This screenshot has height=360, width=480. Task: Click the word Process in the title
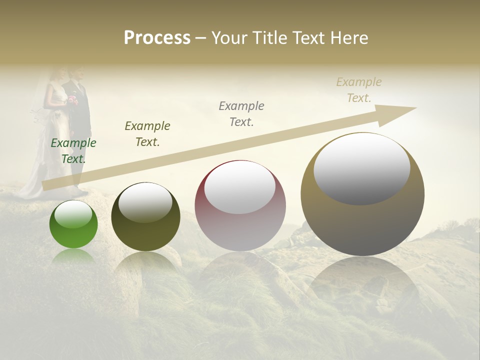(157, 37)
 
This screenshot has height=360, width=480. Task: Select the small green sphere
(73, 224)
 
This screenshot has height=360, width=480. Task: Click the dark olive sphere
(145, 217)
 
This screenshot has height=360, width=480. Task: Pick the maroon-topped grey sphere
(240, 206)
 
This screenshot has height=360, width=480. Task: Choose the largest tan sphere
(362, 194)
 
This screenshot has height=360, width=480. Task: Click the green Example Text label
(73, 150)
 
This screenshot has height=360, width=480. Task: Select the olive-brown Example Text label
(147, 133)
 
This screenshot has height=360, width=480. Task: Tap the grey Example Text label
(241, 113)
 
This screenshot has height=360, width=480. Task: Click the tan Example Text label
(359, 90)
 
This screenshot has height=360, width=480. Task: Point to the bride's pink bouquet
(72, 99)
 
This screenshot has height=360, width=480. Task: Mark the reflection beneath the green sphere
(73, 256)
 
